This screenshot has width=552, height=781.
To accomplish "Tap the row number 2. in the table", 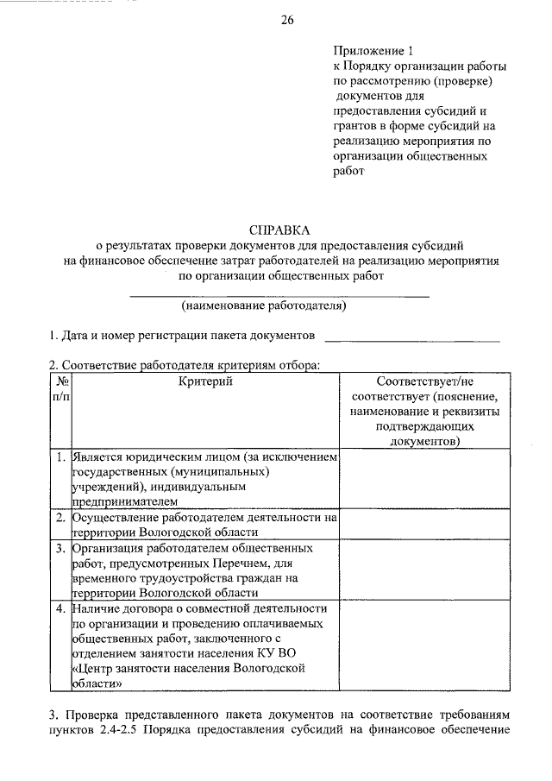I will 60,518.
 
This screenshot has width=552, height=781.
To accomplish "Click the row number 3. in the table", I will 60,548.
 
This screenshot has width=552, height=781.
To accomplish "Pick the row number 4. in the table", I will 60,608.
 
